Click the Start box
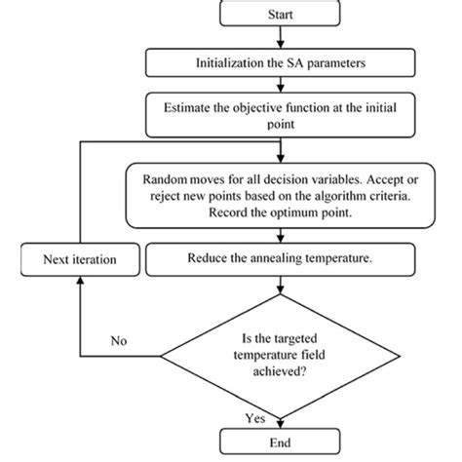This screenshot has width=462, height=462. pos(281,15)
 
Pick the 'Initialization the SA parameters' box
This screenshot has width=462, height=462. pos(281,64)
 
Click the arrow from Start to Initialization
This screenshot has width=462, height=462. pos(281,38)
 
